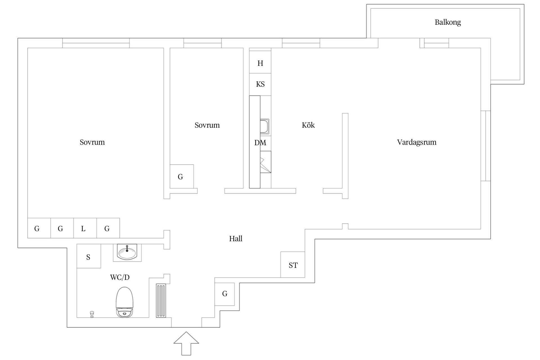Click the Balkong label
(448, 22)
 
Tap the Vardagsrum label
(417, 142)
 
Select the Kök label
(308, 125)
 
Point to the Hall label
(236, 239)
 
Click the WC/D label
(120, 277)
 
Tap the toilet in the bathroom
(124, 302)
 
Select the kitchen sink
(265, 127)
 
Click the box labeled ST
(293, 265)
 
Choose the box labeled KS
(260, 84)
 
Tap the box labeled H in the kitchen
(260, 63)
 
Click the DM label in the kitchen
(260, 143)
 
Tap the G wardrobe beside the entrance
(224, 294)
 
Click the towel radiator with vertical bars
(161, 301)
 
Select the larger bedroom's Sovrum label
(92, 142)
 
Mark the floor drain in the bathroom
(92, 314)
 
